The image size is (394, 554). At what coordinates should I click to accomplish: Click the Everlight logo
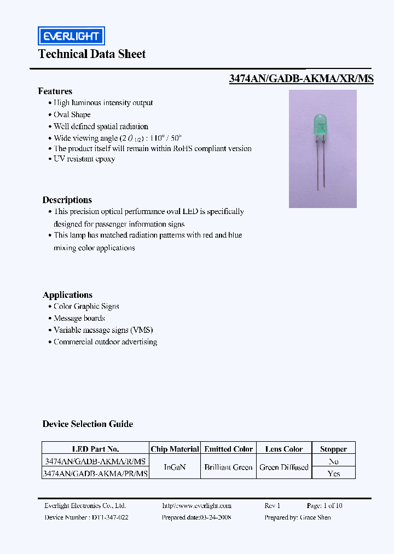pos(71,36)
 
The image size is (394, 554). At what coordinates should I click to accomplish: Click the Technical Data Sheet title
pos(92,54)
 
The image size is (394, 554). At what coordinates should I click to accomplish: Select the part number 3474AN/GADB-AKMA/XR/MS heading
pos(301,78)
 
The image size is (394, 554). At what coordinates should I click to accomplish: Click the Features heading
pos(55,91)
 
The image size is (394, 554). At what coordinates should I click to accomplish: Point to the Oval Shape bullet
pos(72,114)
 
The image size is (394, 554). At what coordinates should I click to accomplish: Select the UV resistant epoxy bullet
pos(84,159)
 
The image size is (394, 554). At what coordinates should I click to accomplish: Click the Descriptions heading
pos(67,200)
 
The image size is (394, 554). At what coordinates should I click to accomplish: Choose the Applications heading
pos(67,295)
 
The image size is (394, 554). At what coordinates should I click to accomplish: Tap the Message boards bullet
pos(79,318)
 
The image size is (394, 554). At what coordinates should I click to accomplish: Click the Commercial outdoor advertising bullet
pos(105,342)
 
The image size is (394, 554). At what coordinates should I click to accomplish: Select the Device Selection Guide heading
pos(88,424)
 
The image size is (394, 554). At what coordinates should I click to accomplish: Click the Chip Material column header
pos(175,449)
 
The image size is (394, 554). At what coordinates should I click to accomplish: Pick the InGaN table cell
pos(175,467)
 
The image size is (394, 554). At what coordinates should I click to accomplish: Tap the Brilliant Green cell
pos(228,467)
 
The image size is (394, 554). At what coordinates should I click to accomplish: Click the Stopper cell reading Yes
pos(333,473)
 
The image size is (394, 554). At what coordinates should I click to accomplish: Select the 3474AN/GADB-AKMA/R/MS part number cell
pos(95,461)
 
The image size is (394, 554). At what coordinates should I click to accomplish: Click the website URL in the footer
pos(196,506)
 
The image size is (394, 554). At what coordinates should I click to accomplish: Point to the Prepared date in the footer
pos(196,517)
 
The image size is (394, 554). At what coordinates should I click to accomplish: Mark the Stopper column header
pos(333,449)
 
